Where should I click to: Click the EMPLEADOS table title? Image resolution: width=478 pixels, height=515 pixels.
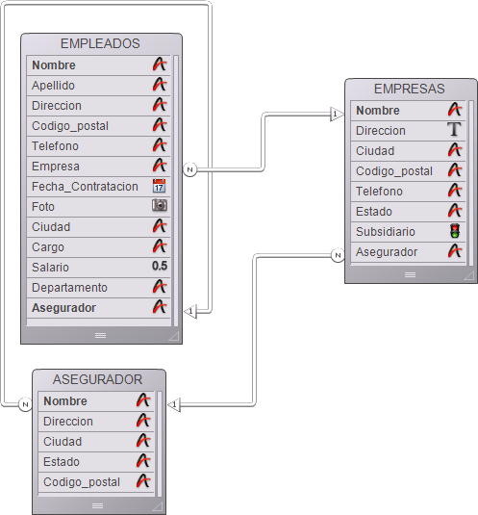(x=100, y=43)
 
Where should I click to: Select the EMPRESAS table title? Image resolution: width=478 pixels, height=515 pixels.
(x=409, y=89)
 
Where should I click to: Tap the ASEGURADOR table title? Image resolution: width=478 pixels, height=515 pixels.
(x=97, y=379)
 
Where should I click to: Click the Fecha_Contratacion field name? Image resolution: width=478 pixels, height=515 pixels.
(x=85, y=187)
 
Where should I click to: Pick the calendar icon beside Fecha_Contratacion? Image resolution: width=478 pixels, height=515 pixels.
(x=159, y=186)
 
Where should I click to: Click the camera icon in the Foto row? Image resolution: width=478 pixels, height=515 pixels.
(x=160, y=206)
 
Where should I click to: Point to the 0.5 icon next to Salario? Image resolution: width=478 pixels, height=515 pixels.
(x=160, y=266)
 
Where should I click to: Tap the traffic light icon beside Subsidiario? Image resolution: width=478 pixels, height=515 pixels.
(x=455, y=231)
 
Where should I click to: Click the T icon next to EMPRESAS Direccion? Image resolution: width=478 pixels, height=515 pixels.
(x=454, y=129)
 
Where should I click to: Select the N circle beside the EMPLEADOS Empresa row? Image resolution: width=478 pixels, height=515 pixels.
(x=189, y=169)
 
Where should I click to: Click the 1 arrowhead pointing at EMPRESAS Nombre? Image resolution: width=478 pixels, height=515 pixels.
(x=337, y=115)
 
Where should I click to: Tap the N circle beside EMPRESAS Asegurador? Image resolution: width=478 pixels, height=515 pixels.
(x=338, y=255)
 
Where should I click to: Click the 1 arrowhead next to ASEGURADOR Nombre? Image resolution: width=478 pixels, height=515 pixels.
(x=174, y=404)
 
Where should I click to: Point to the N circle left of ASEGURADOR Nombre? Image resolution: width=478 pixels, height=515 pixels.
(x=25, y=404)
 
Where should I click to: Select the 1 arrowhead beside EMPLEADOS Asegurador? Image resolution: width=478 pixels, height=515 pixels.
(x=190, y=311)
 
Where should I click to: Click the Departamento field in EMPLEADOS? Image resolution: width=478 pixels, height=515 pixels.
(x=69, y=288)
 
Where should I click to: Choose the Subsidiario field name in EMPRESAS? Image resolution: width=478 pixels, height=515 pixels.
(x=386, y=232)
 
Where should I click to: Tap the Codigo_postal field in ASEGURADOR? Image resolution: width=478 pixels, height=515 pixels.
(x=82, y=482)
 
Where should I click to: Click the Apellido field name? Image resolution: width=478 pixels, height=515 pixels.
(x=53, y=86)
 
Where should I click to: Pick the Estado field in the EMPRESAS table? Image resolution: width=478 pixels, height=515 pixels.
(x=374, y=212)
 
